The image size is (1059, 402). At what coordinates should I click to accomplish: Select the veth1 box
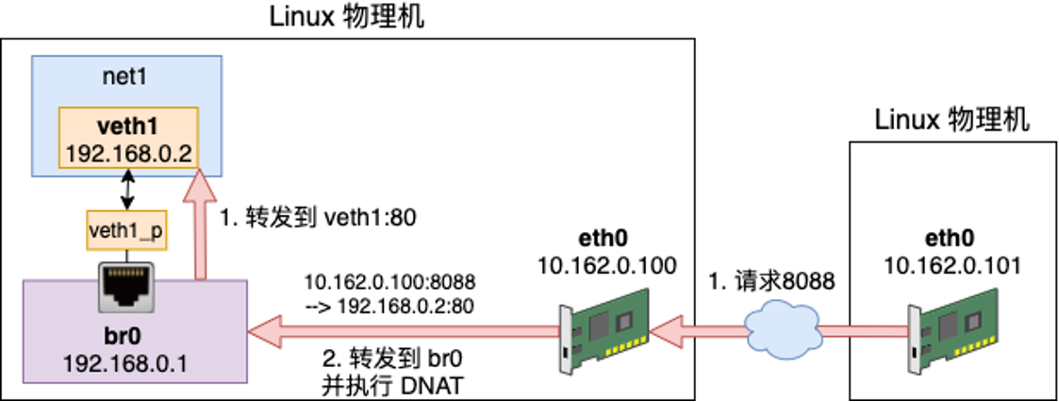point(128,137)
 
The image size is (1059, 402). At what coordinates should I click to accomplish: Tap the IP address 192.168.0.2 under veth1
point(128,150)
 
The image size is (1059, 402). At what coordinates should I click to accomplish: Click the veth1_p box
point(126,230)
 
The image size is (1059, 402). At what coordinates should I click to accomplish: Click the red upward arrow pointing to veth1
point(198,226)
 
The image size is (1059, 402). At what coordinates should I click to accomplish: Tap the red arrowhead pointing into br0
point(264,331)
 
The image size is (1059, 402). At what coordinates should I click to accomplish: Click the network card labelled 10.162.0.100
point(604,331)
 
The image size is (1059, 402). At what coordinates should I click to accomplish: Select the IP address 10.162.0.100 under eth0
point(606,266)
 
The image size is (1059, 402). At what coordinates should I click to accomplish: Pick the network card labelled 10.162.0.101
point(952,331)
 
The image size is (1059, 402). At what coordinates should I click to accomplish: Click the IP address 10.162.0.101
point(952,266)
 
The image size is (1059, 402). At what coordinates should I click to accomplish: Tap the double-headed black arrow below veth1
point(126,192)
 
